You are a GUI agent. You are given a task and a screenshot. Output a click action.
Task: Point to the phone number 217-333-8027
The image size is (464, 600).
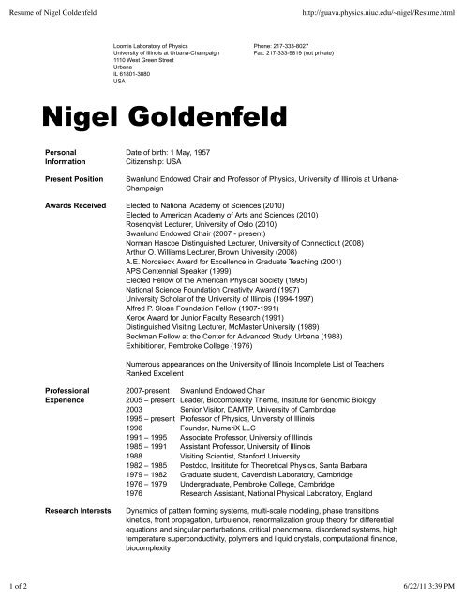click(x=286, y=44)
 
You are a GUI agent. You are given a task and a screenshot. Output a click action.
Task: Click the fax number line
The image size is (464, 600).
click(x=303, y=52)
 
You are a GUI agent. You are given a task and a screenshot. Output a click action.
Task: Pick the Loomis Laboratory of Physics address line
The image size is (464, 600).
click(x=148, y=44)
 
